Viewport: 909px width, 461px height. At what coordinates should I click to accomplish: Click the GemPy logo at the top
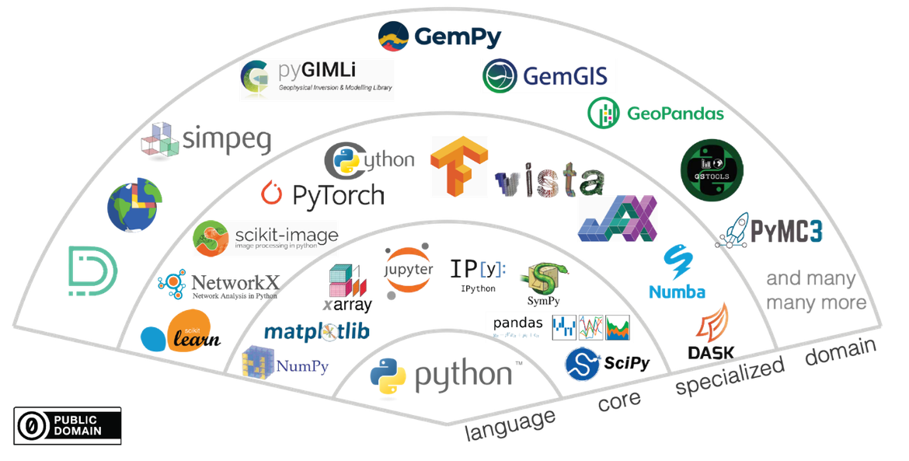pyautogui.click(x=439, y=37)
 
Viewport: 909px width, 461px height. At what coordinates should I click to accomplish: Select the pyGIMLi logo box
pyautogui.click(x=316, y=81)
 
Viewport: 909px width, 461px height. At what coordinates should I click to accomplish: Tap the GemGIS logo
pyautogui.click(x=549, y=76)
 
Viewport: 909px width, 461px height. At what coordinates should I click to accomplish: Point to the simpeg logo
pyautogui.click(x=207, y=140)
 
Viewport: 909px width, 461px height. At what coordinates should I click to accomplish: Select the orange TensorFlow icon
pyautogui.click(x=458, y=166)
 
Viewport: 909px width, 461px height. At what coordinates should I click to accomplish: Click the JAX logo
pyautogui.click(x=618, y=217)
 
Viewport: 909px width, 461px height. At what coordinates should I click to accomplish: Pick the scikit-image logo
pyautogui.click(x=266, y=238)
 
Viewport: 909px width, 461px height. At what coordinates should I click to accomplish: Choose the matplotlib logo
pyautogui.click(x=316, y=332)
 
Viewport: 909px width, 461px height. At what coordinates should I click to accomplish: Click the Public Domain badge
pyautogui.click(x=67, y=424)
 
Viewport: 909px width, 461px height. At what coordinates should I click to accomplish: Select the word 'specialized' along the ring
pyautogui.click(x=729, y=377)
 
